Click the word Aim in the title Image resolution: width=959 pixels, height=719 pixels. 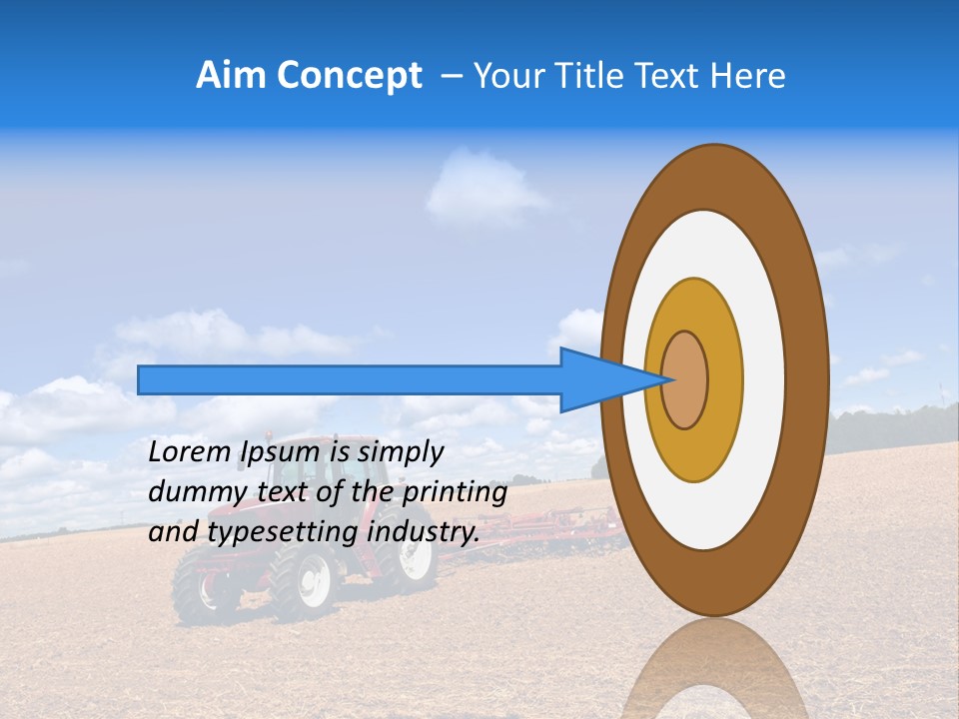pyautogui.click(x=231, y=76)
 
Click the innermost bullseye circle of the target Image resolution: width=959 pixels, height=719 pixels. pyautogui.click(x=685, y=379)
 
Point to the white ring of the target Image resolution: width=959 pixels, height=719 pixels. pyautogui.click(x=764, y=379)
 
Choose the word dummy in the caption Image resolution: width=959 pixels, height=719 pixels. pyautogui.click(x=191, y=492)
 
